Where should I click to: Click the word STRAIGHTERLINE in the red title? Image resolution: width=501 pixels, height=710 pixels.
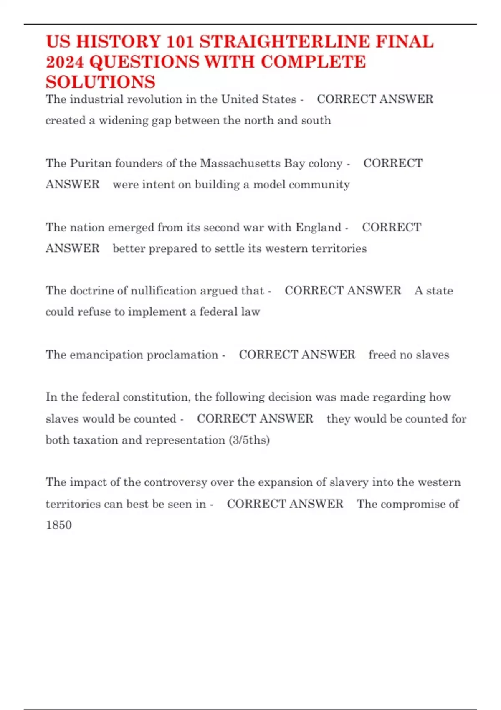pos(285,42)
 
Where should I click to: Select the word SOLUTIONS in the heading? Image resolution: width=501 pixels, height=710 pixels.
pos(101,82)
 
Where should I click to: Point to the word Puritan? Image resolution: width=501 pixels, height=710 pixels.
pos(91,163)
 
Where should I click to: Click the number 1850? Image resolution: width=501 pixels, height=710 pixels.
pos(59,525)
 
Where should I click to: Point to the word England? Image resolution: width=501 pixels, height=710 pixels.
pos(319,227)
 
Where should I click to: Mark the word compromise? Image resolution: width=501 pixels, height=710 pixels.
pos(413,504)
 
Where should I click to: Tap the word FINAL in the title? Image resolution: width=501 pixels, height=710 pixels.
pos(405,42)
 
